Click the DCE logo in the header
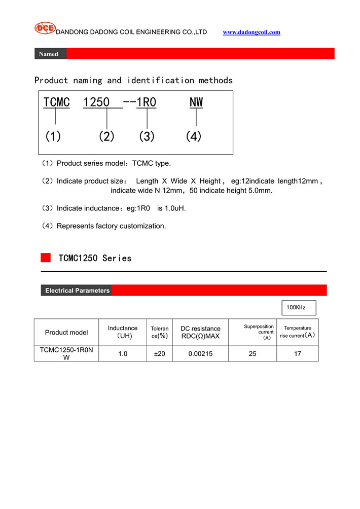tap(45, 28)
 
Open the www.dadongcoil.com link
tap(251, 32)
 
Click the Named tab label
tap(49, 54)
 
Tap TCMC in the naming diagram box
tap(56, 102)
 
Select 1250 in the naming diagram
tap(96, 102)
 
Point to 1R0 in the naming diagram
tap(147, 102)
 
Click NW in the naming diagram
tap(196, 102)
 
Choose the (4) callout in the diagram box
tap(194, 136)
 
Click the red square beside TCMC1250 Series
tap(46, 258)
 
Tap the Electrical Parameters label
tap(77, 290)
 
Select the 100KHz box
tap(299, 308)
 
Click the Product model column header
tap(66, 333)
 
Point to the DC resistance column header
tap(200, 333)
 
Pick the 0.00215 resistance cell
tap(200, 354)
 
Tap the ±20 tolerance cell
tap(160, 354)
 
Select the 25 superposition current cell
tap(253, 354)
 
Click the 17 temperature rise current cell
tap(298, 354)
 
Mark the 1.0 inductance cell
tap(123, 354)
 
